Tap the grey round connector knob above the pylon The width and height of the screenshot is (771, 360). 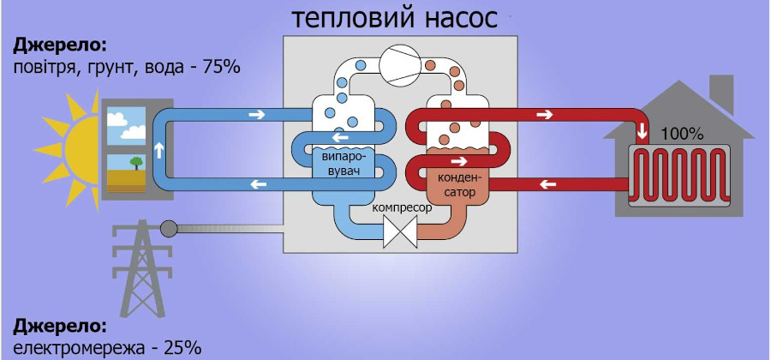tap(169, 228)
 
